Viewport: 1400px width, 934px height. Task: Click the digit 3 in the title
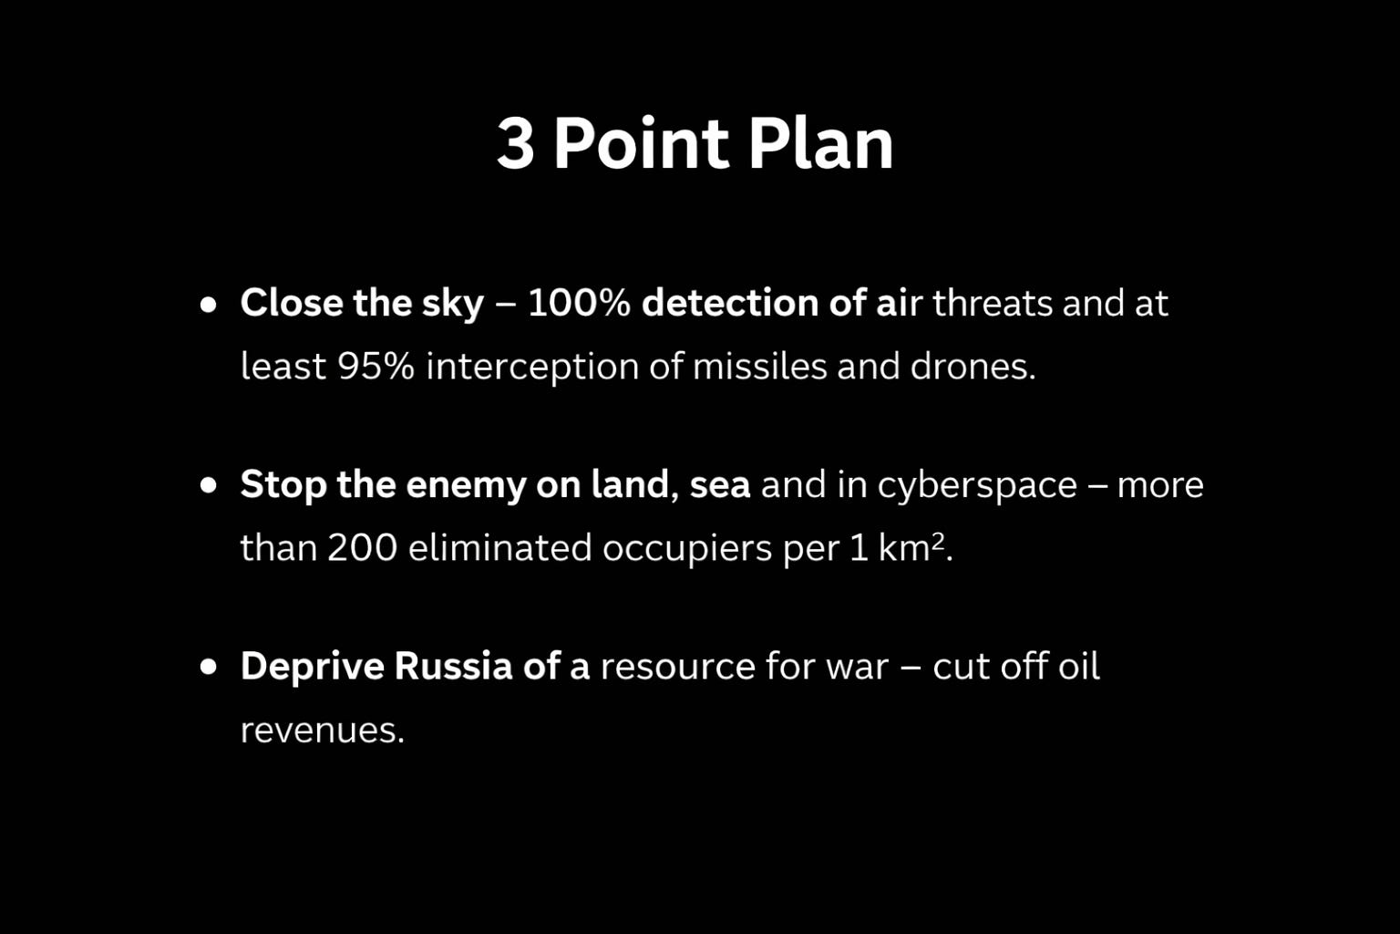click(516, 143)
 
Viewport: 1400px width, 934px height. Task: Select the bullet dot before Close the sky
click(208, 305)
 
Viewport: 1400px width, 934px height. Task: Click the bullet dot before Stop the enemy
click(208, 485)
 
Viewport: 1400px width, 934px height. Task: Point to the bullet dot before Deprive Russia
click(208, 666)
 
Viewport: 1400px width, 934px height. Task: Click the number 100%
click(579, 304)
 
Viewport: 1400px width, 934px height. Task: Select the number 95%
click(376, 366)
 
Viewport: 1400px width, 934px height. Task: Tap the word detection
click(730, 304)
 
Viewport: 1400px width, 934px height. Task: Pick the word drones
click(973, 366)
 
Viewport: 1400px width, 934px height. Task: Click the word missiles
click(760, 366)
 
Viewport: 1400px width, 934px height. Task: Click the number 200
click(363, 547)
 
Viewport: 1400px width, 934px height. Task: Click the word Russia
click(453, 666)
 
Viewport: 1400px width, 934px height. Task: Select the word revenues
click(323, 731)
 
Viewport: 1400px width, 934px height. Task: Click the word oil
click(1079, 666)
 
